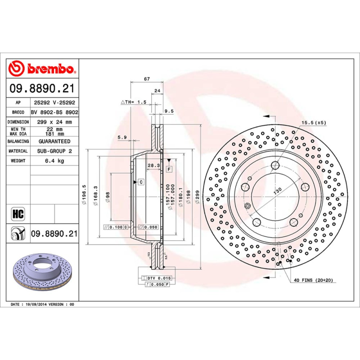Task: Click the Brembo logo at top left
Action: click(x=41, y=69)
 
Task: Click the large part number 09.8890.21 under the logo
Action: click(x=42, y=89)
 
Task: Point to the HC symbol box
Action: click(x=18, y=213)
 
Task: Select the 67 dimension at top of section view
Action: click(x=147, y=79)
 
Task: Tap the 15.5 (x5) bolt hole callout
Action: click(x=313, y=122)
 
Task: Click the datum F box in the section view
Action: click(x=169, y=169)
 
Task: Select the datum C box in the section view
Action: click(x=140, y=182)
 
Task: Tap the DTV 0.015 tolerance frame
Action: click(x=156, y=279)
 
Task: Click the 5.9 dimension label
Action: click(x=121, y=137)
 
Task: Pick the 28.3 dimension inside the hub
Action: click(x=154, y=166)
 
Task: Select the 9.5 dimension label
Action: click(x=169, y=111)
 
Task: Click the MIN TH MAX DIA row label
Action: click(x=19, y=131)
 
